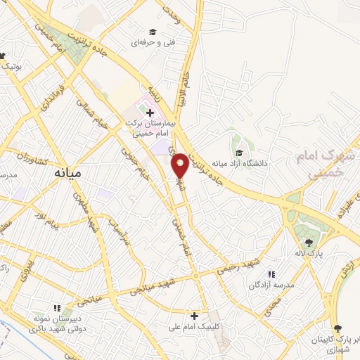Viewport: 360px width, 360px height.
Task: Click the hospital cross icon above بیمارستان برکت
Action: click(x=150, y=112)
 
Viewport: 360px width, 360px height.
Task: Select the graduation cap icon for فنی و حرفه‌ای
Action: click(x=152, y=32)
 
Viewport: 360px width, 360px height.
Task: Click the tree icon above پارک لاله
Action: click(x=309, y=243)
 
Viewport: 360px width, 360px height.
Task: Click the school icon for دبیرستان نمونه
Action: click(x=58, y=308)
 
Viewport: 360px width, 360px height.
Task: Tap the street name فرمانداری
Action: click(x=57, y=96)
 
